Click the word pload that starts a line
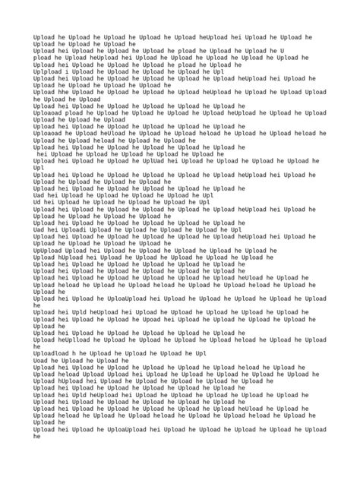pos(43,57)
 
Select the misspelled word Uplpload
pos(48,71)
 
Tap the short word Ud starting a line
pos(37,203)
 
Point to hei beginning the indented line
pos(43,154)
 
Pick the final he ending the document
pos(37,437)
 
